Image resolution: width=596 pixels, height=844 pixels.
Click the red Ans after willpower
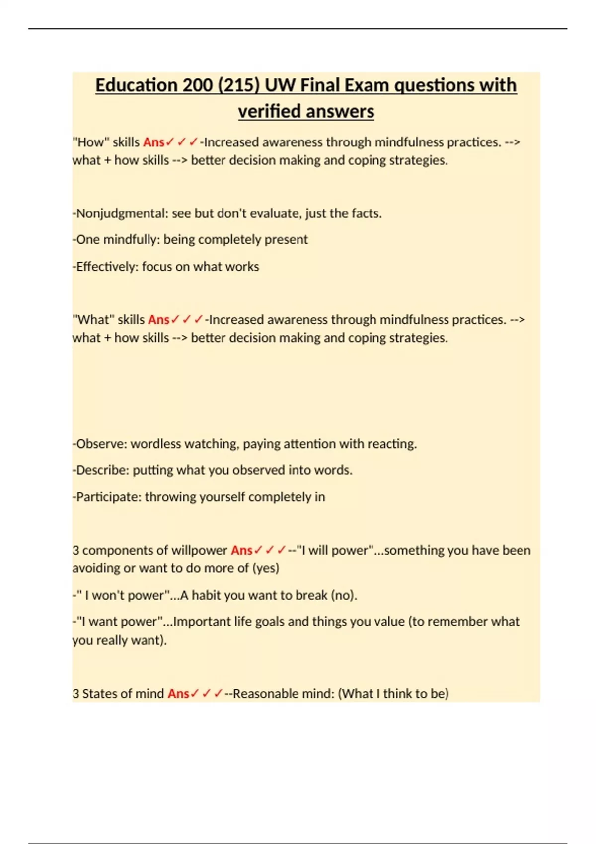pyautogui.click(x=242, y=550)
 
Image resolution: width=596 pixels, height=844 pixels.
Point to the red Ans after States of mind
pyautogui.click(x=178, y=694)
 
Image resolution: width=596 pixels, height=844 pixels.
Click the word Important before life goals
pyautogui.click(x=200, y=622)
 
